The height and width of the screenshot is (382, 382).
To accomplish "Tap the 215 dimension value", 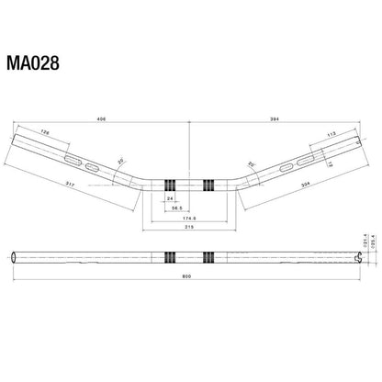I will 189,227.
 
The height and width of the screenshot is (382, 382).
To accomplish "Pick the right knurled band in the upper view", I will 208,182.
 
